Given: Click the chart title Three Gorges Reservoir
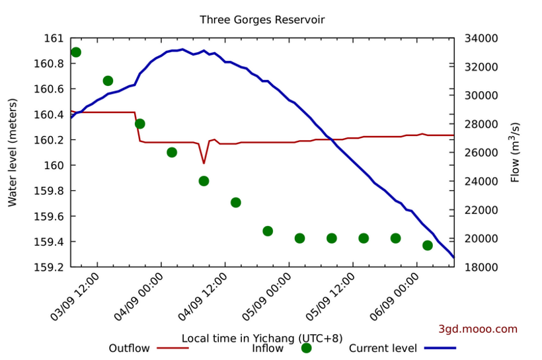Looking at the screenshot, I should coord(262,20).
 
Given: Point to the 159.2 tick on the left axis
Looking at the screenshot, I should coord(48,268).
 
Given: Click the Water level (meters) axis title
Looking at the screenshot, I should coord(13,152).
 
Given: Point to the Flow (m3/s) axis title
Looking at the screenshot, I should coord(516,152).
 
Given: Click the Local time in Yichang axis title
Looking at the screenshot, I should coord(262,338).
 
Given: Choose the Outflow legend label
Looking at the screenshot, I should coord(129,349).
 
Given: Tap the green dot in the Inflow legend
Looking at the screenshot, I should coord(306,348).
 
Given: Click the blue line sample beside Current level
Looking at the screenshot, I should coord(440,348).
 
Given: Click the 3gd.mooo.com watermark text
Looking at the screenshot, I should coord(478,329).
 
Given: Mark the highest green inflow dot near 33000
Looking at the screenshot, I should coord(76,52).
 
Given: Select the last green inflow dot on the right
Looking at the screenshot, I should coord(428,245).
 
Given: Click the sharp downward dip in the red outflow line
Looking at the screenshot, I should coord(204,162).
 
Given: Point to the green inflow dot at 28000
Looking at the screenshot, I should coord(140,124).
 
